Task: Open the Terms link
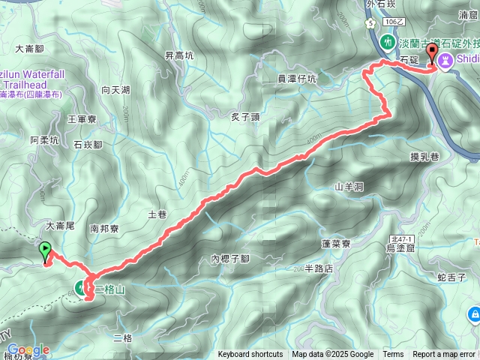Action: point(393,355)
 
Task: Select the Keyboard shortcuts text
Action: point(250,355)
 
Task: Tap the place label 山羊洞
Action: point(349,185)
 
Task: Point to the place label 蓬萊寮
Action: point(341,244)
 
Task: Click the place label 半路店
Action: point(319,268)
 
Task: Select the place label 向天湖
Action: point(115,90)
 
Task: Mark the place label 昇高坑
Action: point(179,55)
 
